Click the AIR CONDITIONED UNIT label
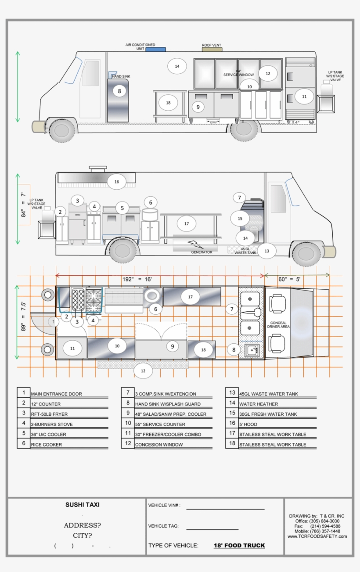pyautogui.click(x=140, y=47)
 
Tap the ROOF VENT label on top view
pyautogui.click(x=211, y=45)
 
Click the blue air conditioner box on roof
pyautogui.click(x=155, y=50)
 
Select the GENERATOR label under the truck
pyautogui.click(x=202, y=252)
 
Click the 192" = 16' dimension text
pyautogui.click(x=137, y=279)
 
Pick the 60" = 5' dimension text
pyautogui.click(x=289, y=279)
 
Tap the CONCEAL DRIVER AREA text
pyautogui.click(x=278, y=324)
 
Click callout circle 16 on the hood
pyautogui.click(x=117, y=182)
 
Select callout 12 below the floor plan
pyautogui.click(x=143, y=371)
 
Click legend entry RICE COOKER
pyautogui.click(x=46, y=445)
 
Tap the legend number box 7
pyautogui.click(x=128, y=393)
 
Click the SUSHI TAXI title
pyautogui.click(x=82, y=505)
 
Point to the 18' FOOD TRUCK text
pyautogui.click(x=239, y=546)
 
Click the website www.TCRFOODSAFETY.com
pyautogui.click(x=317, y=536)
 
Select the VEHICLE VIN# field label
pyautogui.click(x=164, y=505)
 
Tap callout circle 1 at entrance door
pyautogui.click(x=53, y=322)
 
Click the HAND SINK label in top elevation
pyautogui.click(x=121, y=76)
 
